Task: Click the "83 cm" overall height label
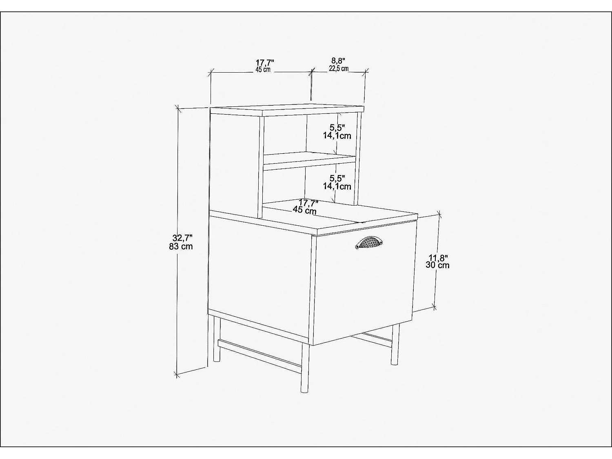(x=181, y=246)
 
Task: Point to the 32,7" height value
(x=182, y=237)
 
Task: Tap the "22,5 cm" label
(x=339, y=69)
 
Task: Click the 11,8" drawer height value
(x=438, y=257)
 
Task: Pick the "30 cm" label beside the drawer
(x=438, y=265)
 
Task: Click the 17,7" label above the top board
(x=265, y=62)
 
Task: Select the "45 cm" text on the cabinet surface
(x=304, y=211)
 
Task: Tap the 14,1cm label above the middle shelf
(x=337, y=136)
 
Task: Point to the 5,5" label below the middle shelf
(x=337, y=178)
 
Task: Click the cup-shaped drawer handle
(x=369, y=243)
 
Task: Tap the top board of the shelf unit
(x=286, y=109)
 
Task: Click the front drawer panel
(x=363, y=286)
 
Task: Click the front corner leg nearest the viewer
(x=304, y=369)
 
